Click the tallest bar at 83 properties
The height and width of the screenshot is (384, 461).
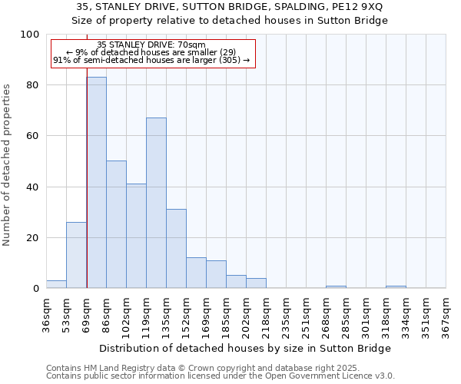pos(96,183)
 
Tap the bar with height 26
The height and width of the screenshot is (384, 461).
pos(76,255)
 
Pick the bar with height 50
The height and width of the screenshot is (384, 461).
pos(116,224)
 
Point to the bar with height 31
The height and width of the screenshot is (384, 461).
pos(176,248)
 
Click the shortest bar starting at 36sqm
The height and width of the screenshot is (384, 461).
pos(56,284)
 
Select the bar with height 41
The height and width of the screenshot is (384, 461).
pos(136,236)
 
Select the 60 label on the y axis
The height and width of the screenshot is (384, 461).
pos(34,136)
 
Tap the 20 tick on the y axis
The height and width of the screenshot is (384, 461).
pos(34,238)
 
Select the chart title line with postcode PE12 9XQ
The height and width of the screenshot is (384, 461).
pos(230,7)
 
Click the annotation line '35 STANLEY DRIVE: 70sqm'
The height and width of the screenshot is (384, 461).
pos(151,45)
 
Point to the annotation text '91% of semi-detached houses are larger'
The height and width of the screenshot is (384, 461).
pos(151,60)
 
